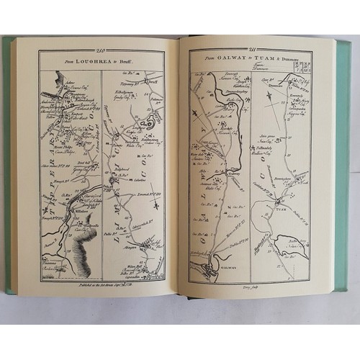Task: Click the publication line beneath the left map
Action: click(101, 286)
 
